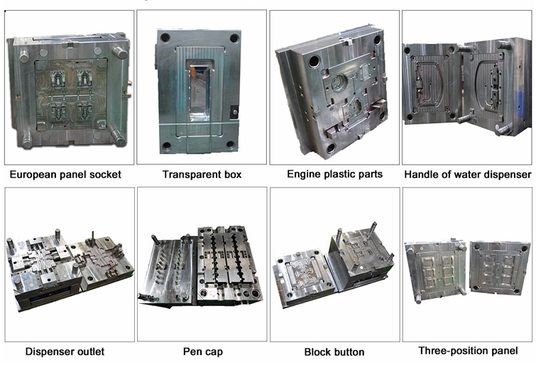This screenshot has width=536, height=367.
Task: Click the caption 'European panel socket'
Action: (65, 175)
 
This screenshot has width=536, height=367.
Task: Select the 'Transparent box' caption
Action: (202, 175)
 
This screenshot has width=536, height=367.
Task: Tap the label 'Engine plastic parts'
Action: (334, 175)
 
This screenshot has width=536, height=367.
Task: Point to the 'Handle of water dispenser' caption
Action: (468, 175)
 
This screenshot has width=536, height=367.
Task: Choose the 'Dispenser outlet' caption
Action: (65, 351)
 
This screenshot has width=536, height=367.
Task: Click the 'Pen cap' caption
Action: (203, 352)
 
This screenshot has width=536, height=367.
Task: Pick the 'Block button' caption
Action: (334, 352)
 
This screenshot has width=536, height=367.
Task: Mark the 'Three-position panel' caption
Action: (468, 351)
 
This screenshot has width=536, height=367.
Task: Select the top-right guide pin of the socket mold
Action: (119, 53)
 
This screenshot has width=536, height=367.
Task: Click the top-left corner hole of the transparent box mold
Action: (165, 37)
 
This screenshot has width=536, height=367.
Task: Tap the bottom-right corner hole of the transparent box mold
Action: (231, 145)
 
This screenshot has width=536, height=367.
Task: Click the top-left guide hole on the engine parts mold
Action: (315, 62)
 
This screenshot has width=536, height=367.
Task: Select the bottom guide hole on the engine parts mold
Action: (330, 148)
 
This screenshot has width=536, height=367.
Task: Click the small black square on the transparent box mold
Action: (234, 111)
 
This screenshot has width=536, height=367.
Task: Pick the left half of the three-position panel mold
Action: (435, 272)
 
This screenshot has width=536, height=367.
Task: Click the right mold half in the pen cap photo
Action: (229, 263)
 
